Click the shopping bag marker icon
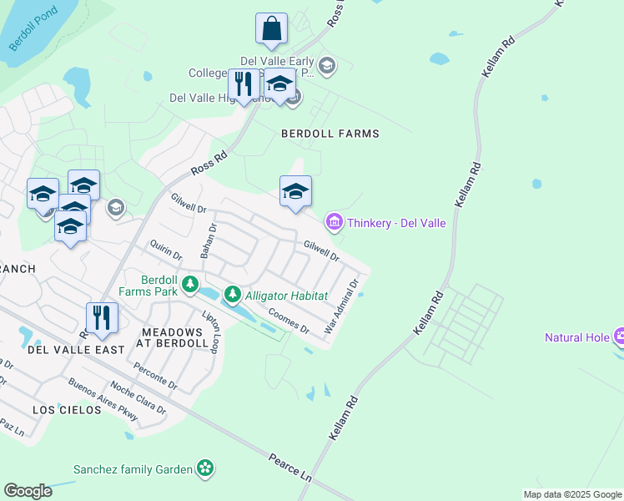pos(271,28)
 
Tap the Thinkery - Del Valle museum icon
pos(334,222)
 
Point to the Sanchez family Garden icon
pos(205,468)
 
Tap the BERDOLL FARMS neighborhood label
pos(330,134)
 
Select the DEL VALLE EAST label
pos(76,350)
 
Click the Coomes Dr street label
pos(289,321)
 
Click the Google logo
pos(28,491)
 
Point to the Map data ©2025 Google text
pos(571,494)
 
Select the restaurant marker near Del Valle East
pos(103,317)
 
